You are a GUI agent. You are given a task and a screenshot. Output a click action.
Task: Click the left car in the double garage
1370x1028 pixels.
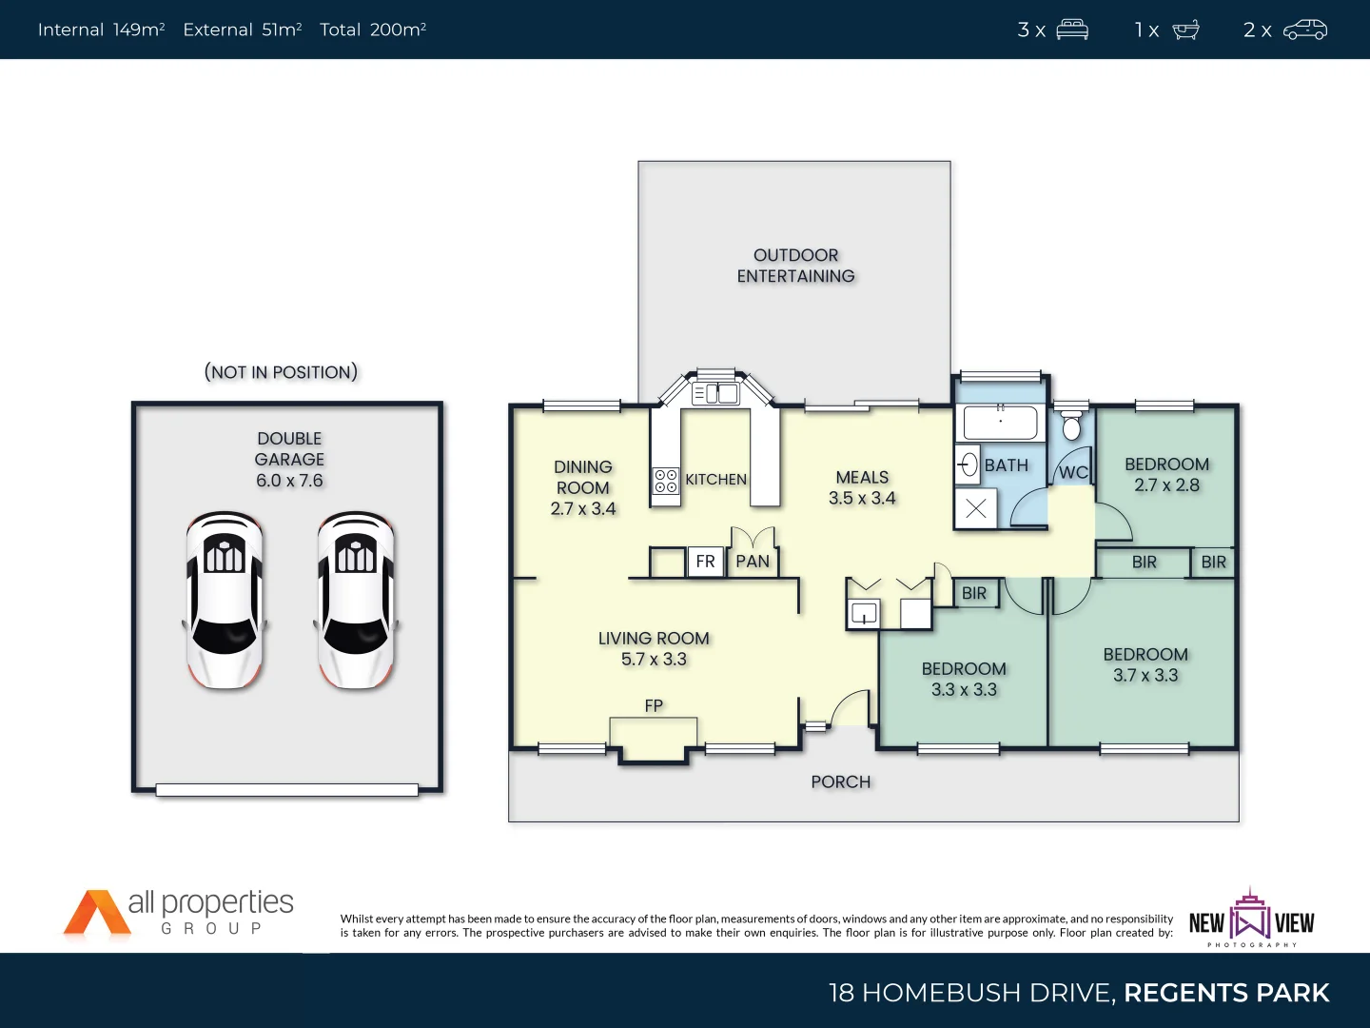225,600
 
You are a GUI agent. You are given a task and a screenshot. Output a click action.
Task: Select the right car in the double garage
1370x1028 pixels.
356,600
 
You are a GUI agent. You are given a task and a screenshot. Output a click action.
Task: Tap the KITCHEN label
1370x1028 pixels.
715,480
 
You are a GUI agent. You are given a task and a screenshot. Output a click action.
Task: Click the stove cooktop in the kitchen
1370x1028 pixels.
666,481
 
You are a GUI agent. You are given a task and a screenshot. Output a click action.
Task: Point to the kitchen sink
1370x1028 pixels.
716,393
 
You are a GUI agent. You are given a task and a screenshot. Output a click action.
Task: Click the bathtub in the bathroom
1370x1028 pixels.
1000,422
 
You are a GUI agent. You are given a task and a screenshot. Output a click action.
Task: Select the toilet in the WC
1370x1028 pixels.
1071,426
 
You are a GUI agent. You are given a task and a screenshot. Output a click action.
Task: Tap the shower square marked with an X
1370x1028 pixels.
976,508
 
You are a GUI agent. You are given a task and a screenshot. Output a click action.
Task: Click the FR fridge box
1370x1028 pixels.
705,562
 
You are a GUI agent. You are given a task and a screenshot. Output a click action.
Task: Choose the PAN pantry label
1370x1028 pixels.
753,562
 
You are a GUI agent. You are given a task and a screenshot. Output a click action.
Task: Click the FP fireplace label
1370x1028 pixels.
654,705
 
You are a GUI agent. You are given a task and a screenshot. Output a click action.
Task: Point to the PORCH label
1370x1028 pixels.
841,782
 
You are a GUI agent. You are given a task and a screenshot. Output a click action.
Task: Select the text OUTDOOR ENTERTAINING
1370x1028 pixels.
795,266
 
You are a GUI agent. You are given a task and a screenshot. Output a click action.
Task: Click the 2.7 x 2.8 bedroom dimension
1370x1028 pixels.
1166,485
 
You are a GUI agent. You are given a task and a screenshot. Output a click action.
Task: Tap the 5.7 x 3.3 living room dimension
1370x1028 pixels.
654,660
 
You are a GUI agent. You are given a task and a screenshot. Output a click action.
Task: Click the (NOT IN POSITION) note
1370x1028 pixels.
282,372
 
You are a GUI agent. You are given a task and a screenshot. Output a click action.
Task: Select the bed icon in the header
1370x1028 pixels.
1072,30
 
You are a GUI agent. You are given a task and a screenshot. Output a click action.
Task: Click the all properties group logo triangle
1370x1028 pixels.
92,914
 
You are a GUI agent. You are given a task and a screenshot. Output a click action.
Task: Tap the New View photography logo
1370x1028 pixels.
1251,919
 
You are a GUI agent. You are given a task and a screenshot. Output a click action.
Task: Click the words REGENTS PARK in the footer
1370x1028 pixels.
1225,993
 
